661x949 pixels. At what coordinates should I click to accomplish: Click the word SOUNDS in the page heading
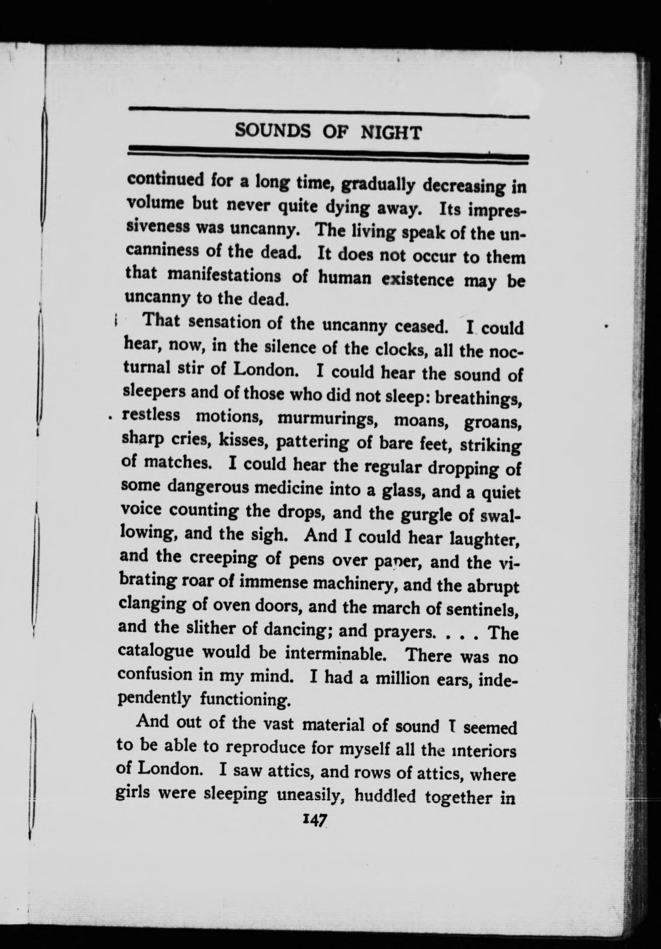(273, 131)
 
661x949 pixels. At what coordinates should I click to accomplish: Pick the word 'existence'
(418, 279)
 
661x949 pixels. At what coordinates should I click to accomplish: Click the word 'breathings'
(478, 399)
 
